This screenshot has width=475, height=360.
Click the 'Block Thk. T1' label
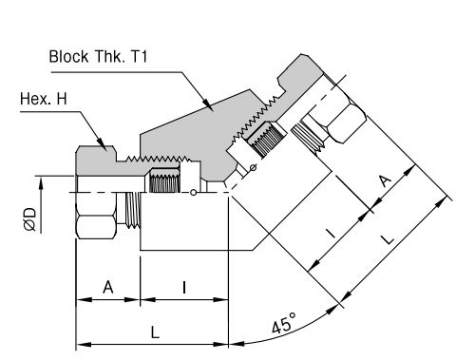[x=98, y=57]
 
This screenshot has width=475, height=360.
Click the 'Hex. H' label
[x=44, y=99]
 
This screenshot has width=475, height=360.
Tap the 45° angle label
[x=284, y=324]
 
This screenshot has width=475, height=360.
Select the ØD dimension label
[x=30, y=219]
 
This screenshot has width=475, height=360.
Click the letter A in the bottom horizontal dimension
[x=108, y=288]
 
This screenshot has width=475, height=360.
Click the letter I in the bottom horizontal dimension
[x=184, y=288]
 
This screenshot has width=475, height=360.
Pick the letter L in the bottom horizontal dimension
[x=155, y=332]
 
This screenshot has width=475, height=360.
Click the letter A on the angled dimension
[x=385, y=180]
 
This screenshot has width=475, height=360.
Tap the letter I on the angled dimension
[x=331, y=234]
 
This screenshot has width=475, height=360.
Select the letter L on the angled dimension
[x=388, y=239]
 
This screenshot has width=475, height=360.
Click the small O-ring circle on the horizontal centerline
[x=193, y=192]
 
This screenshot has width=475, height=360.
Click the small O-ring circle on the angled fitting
[x=254, y=167]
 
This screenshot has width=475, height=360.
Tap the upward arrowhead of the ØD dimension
[x=41, y=183]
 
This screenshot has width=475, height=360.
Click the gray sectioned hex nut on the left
[x=95, y=161]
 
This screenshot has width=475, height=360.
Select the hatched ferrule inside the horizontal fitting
[x=164, y=180]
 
